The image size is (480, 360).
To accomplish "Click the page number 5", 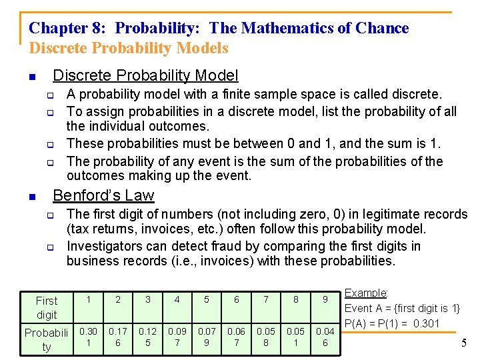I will click(463, 343).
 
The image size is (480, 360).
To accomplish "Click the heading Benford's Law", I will click(103, 195).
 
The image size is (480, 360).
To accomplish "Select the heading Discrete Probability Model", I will click(145, 76).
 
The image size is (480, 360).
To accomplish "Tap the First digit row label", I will click(47, 307).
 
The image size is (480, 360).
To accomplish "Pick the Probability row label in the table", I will click(47, 339).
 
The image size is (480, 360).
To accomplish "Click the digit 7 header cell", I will click(266, 300).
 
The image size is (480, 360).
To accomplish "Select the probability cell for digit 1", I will click(88, 337).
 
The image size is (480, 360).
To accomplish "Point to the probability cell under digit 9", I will click(325, 337).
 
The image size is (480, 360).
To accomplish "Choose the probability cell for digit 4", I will click(177, 337).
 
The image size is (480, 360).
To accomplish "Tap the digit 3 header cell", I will click(147, 300).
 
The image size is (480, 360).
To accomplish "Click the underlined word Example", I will click(366, 293).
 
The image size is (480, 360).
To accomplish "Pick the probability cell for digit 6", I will click(236, 337).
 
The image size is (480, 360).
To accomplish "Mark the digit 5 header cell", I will click(207, 300).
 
